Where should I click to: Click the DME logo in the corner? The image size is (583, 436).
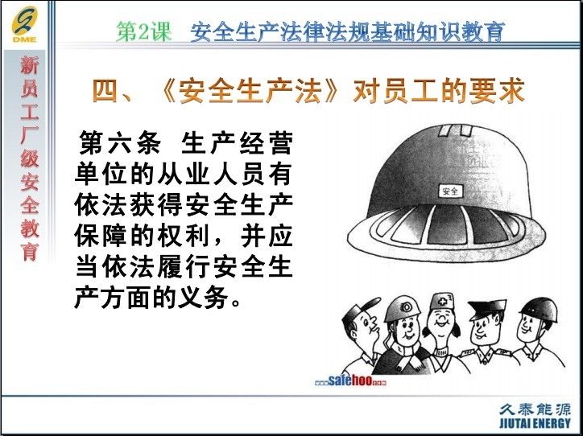pos(24,25)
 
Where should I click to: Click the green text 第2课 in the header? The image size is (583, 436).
pos(144,31)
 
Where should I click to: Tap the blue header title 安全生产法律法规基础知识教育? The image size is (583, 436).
pos(348,32)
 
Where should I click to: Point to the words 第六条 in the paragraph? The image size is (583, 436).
pos(120,142)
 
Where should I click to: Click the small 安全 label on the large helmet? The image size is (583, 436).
pos(450,191)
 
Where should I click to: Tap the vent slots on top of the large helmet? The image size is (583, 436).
pos(455,130)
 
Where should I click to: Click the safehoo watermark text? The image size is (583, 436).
pos(350,380)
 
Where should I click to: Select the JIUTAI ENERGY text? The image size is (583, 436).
pos(535,422)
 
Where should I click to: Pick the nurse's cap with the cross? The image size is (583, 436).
pos(442,302)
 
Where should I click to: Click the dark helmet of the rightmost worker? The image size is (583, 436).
pos(540,308)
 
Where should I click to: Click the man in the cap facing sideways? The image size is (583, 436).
pos(363,335)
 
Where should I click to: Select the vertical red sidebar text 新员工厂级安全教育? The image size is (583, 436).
pos(30,158)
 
